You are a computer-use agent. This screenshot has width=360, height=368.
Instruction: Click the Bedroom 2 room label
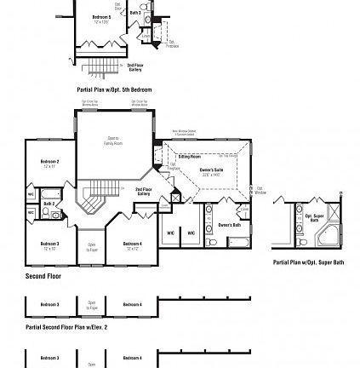49,162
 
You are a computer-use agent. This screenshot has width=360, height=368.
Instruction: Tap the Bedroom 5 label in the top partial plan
101,18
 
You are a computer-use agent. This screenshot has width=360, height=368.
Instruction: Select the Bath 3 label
136,14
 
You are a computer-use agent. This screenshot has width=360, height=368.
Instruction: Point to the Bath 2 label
49,204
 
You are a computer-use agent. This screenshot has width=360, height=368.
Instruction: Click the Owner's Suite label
210,171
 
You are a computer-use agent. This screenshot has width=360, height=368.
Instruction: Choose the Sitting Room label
189,157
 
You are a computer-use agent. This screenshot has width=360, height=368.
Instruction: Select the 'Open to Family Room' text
113,139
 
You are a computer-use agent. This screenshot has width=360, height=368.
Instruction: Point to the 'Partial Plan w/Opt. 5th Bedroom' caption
114,88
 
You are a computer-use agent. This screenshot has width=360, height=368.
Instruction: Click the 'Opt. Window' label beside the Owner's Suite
261,191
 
